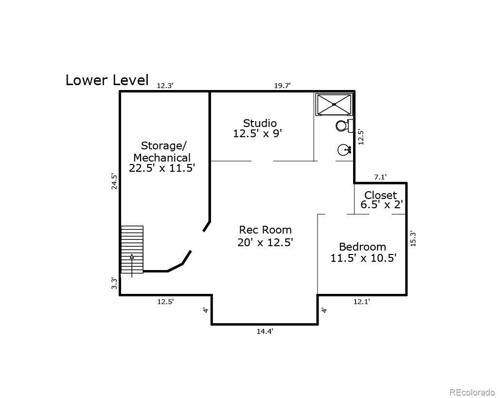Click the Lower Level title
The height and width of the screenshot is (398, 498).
(x=107, y=80)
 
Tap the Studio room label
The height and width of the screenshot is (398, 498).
(x=259, y=128)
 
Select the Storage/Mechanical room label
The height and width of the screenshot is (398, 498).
(x=162, y=157)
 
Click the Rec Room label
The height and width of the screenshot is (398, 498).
(x=265, y=236)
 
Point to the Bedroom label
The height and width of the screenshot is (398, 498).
(x=363, y=252)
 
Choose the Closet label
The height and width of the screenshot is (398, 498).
(x=381, y=200)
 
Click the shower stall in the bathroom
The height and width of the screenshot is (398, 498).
(x=334, y=104)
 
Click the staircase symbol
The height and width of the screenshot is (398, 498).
(x=132, y=249)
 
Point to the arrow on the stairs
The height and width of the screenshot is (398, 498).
(x=132, y=263)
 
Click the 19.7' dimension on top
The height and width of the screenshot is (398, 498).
(x=282, y=86)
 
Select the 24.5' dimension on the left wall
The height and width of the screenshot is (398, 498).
(x=114, y=181)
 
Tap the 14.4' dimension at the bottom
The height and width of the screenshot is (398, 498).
(x=265, y=331)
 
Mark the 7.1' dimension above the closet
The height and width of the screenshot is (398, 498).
(x=380, y=177)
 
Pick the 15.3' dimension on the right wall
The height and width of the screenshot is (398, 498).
(x=413, y=238)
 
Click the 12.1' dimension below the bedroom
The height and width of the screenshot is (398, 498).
(x=361, y=302)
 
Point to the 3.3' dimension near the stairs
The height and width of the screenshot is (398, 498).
(x=114, y=283)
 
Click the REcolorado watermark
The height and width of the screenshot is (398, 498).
(x=472, y=392)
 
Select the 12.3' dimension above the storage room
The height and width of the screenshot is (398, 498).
(x=165, y=86)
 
